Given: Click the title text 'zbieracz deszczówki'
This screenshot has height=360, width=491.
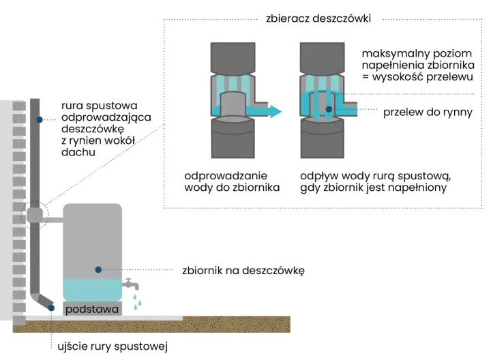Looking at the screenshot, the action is coord(318,19).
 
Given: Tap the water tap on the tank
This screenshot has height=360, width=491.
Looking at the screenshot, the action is coord(130,284).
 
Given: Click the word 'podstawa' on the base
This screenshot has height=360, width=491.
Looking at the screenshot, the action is coord(92,310).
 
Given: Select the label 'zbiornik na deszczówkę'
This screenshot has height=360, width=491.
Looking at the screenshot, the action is coord(243,271).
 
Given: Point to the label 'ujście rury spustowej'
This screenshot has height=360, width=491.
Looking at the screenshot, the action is coord(113,346).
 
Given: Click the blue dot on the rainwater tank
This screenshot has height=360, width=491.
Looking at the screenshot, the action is coord(98,269).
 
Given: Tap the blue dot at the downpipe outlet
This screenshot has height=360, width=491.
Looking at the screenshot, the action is coord(51,308).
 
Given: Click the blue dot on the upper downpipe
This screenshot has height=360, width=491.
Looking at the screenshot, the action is coord(39,119).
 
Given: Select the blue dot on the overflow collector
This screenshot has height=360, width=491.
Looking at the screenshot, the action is coord(329,109).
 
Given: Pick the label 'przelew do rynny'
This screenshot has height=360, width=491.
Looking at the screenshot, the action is coord(428,112).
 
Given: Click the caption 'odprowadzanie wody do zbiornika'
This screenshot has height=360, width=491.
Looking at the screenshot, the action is coord(232,181).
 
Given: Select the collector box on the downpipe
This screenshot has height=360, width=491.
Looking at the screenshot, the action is coord(35,215).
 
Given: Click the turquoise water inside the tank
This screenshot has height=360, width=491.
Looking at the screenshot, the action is coord(92,290).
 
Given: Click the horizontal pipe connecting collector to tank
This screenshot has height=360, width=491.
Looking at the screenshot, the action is coord(53,220).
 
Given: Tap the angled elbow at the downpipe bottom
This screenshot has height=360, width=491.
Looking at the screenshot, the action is coord(44,301).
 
